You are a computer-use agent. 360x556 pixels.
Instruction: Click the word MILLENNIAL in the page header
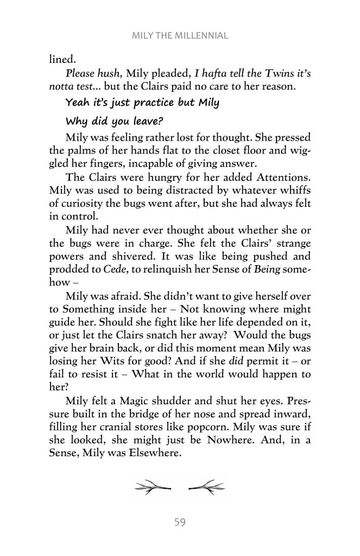pyautogui.click(x=203, y=36)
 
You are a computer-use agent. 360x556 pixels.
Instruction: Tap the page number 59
pyautogui.click(x=180, y=522)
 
